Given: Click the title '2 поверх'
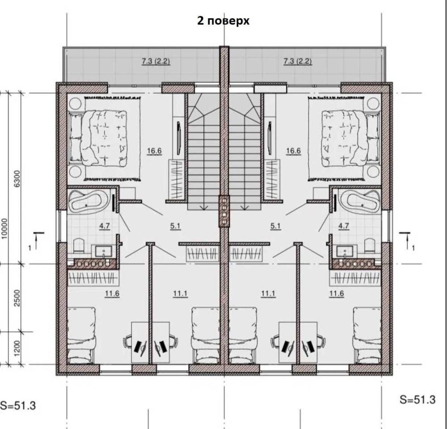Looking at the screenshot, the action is click(223, 21).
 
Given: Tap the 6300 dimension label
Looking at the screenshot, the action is click(17, 178).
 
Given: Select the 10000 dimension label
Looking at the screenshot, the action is click(4, 229).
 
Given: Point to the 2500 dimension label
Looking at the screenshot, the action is click(17, 298).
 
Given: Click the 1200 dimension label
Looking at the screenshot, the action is click(17, 348).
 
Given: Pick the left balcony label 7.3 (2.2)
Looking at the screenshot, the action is click(156, 61).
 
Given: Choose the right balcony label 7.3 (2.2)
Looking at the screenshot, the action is click(297, 61).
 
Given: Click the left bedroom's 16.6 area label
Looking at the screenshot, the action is click(154, 151).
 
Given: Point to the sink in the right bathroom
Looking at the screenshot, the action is click(345, 251).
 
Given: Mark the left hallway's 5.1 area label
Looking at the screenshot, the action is click(175, 226).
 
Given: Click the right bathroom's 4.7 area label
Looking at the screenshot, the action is click(343, 226).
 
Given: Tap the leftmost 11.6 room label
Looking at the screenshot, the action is click(112, 293).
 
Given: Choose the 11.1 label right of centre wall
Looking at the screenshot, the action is click(268, 293).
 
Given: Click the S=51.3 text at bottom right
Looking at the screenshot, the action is click(417, 399).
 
